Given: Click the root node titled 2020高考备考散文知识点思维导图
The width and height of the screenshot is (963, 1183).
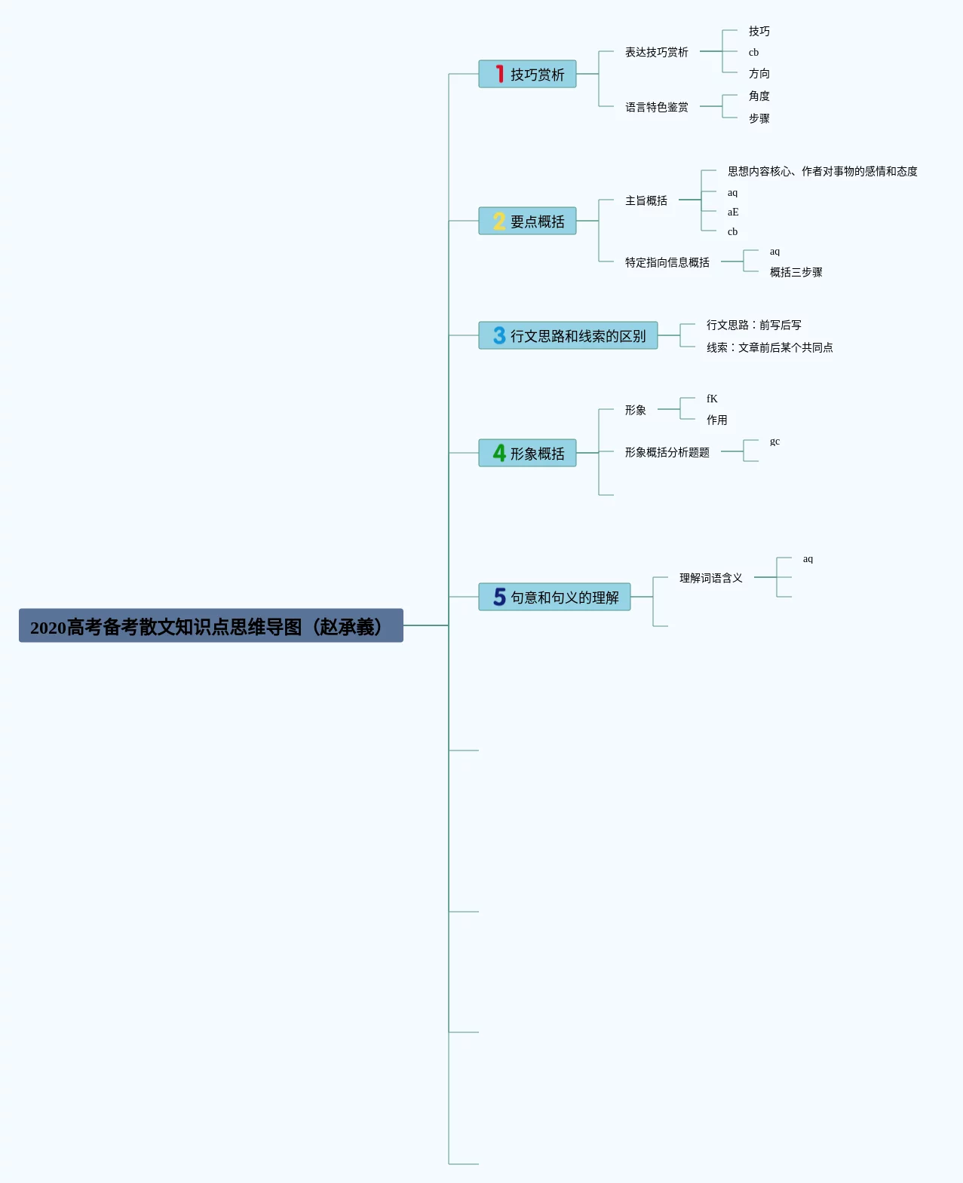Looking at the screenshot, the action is click(x=210, y=625).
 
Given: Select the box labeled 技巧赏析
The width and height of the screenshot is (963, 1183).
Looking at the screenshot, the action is click(x=527, y=74).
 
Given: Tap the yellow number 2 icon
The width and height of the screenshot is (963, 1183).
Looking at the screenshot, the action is click(x=499, y=221).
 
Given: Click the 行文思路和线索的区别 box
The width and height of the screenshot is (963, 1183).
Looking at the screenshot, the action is click(x=568, y=335).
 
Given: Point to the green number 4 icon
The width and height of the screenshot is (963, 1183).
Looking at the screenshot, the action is click(x=499, y=453).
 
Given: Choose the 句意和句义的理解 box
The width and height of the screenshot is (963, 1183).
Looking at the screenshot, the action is click(x=554, y=597).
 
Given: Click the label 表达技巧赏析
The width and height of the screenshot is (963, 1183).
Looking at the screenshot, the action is click(x=656, y=52).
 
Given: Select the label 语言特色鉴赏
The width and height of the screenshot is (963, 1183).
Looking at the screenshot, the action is click(x=656, y=107).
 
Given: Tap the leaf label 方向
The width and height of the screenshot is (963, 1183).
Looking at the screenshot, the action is click(x=759, y=73).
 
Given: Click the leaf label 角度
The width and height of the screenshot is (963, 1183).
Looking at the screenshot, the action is click(x=759, y=96).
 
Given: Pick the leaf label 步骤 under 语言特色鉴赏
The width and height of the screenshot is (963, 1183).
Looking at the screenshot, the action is click(x=759, y=118).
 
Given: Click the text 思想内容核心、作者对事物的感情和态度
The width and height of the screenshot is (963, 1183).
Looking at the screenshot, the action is click(x=823, y=171).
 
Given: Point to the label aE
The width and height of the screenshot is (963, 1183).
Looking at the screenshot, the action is click(x=733, y=212).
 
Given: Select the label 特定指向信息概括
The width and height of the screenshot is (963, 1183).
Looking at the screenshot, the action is click(x=667, y=262).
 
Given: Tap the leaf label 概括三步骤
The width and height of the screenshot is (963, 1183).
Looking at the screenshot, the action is click(x=796, y=272).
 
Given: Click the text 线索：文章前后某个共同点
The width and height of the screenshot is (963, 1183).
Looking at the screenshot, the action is click(x=770, y=347).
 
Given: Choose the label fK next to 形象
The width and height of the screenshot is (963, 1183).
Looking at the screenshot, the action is click(x=712, y=399).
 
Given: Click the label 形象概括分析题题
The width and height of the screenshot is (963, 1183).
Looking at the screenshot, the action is click(x=667, y=453).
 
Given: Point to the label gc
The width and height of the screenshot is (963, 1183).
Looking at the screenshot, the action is click(x=774, y=442).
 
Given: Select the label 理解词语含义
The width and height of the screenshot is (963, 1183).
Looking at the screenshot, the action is click(x=710, y=578).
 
